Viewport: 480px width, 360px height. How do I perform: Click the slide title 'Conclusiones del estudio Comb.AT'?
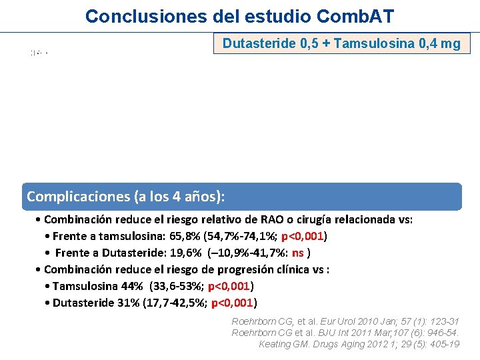click(240, 15)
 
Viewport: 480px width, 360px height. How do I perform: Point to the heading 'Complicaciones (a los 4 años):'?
click(125, 197)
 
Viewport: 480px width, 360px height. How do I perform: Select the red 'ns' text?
click(298, 253)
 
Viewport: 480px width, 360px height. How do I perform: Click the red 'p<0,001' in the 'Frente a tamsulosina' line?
click(304, 236)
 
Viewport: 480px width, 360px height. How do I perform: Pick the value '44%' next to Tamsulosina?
click(131, 286)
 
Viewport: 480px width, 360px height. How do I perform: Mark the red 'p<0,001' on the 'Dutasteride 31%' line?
click(233, 303)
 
